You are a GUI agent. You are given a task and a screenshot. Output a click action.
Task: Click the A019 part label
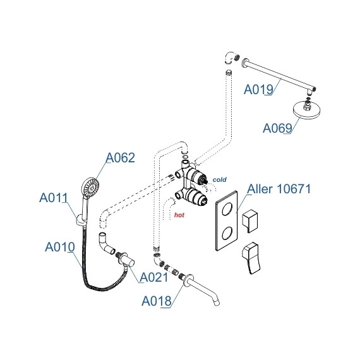(x=258, y=89)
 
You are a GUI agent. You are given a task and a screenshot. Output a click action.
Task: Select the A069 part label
(x=277, y=128)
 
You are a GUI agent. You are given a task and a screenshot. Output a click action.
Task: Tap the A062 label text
(x=120, y=158)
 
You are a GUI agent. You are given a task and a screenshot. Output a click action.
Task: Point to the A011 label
(x=54, y=198)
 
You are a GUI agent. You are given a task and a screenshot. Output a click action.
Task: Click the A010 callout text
(x=60, y=247)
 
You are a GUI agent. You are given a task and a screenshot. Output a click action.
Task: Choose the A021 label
(x=154, y=277)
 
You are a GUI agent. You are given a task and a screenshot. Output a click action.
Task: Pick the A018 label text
(x=157, y=301)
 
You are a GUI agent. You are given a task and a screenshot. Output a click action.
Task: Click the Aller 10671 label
(x=279, y=189)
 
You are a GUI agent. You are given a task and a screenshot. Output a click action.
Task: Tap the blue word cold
(x=220, y=179)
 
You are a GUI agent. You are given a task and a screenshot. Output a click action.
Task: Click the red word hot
(x=179, y=215)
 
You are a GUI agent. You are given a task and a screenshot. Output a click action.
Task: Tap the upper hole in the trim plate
(x=227, y=208)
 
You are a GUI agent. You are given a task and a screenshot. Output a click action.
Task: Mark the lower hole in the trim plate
(x=227, y=233)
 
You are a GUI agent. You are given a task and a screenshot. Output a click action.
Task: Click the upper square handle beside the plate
(x=250, y=221)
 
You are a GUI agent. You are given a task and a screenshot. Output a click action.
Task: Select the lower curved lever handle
(x=251, y=258)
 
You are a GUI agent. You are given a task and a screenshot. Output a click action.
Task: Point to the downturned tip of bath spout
(x=217, y=303)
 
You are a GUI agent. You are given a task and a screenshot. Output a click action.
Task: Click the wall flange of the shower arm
(x=244, y=63)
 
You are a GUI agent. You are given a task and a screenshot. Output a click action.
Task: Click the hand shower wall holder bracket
(x=81, y=220)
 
